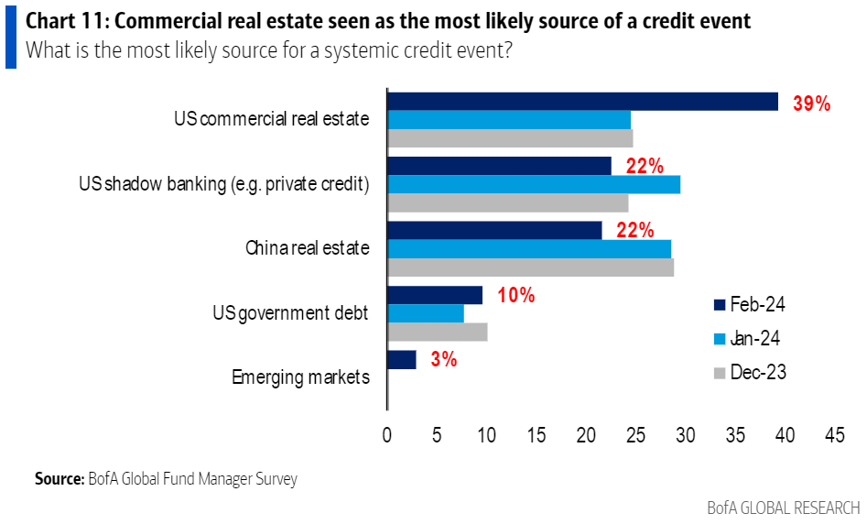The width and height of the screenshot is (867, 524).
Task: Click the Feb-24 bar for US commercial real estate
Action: coord(582,102)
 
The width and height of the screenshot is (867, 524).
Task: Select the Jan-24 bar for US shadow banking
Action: coord(534,184)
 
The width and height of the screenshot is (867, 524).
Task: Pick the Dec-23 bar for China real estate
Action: coord(531,267)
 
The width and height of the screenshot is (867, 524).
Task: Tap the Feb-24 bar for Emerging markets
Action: coord(402,359)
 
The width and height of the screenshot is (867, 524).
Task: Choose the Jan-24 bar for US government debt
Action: coord(426,313)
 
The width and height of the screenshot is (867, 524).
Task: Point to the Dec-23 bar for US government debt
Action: coord(438,332)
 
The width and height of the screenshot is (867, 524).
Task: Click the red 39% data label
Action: coord(811,104)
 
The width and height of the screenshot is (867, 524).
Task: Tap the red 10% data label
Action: coord(515,295)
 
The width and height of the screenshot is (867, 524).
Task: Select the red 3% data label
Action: coord(443,359)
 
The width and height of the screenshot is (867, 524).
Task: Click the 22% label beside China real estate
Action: coord(634,230)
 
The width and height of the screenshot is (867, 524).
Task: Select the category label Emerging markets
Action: coord(300,377)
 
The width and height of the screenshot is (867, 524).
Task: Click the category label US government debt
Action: coord(289,313)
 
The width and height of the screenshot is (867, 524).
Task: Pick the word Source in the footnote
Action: coord(59,479)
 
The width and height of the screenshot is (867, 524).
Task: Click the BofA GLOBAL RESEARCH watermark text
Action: coord(783,507)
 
